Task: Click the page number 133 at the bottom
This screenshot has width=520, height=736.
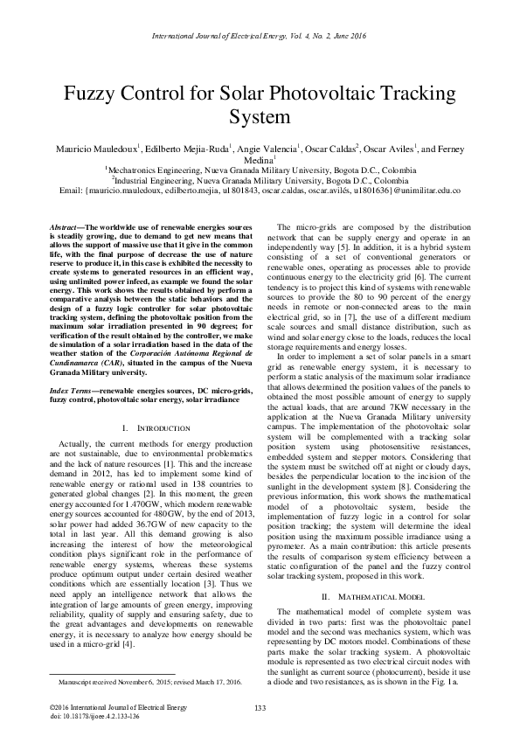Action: click(260, 706)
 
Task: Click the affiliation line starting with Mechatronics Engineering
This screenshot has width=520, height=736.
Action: click(260, 170)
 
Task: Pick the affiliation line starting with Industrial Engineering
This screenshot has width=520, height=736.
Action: click(260, 179)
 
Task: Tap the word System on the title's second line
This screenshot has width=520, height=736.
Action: click(260, 116)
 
